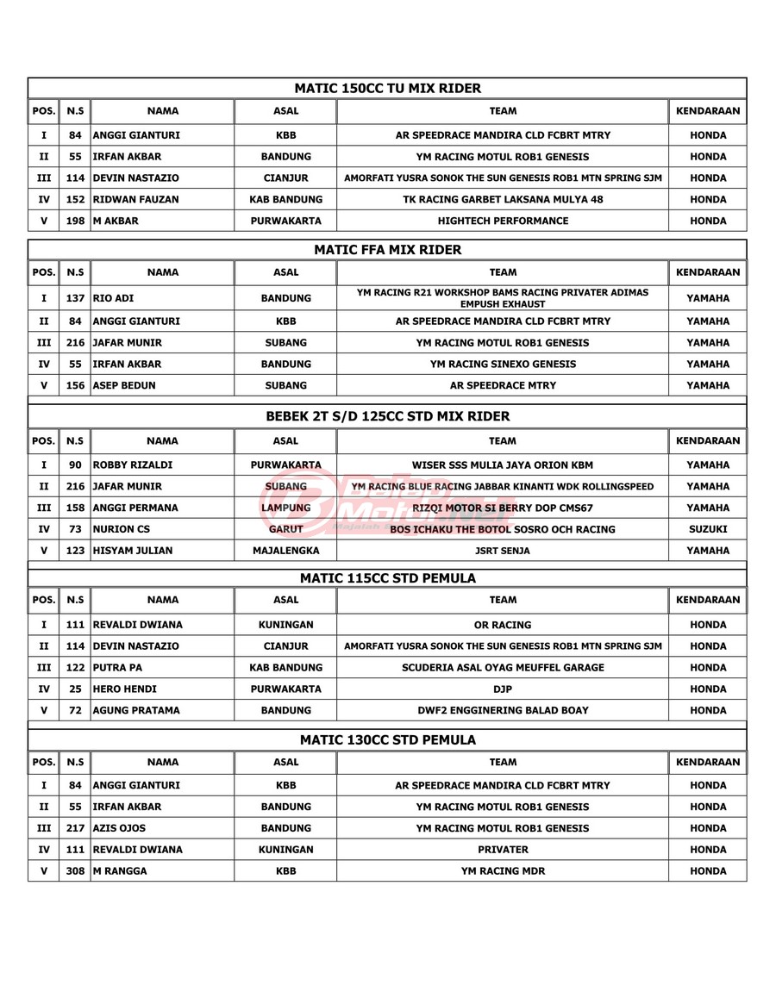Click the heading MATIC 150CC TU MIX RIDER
(x=387, y=88)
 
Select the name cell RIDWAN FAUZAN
(x=136, y=199)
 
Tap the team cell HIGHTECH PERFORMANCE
(x=503, y=221)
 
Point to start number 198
(x=75, y=221)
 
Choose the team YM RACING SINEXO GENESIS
(x=503, y=364)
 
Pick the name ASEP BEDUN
(x=124, y=385)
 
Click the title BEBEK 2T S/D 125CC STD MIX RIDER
(x=387, y=416)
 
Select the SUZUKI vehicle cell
(x=708, y=529)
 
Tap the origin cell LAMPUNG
(x=285, y=508)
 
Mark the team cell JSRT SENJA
(x=503, y=551)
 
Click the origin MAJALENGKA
(x=285, y=551)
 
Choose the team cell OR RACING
(x=503, y=625)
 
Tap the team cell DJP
(x=503, y=689)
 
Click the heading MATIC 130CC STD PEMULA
(x=387, y=739)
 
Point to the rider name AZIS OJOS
(x=119, y=828)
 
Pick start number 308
(x=75, y=871)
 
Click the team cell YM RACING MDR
(x=503, y=871)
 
